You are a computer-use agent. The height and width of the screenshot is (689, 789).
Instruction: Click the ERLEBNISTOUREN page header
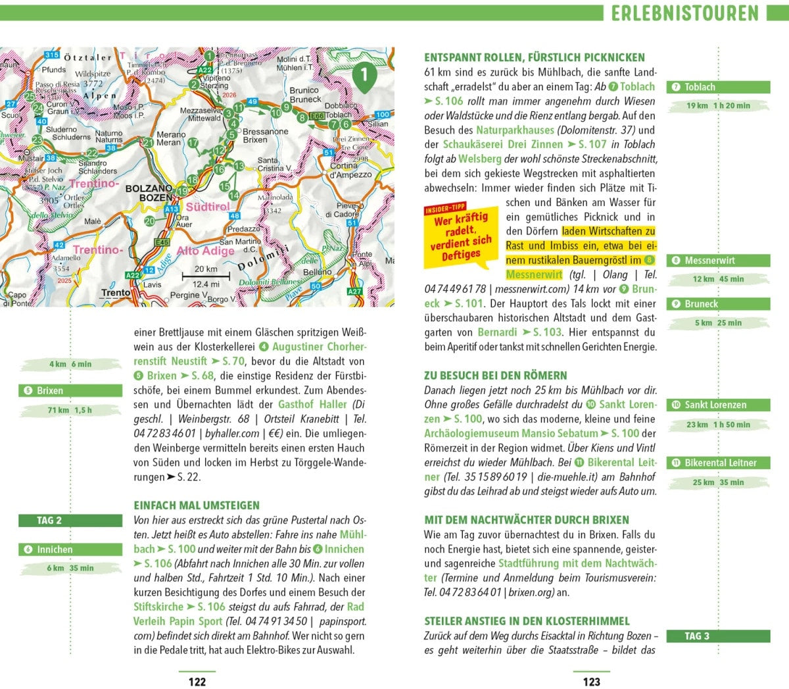tap(684, 13)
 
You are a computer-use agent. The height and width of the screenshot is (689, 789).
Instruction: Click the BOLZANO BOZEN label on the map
tap(149, 193)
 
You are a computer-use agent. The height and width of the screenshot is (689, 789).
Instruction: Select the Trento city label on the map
tap(116, 293)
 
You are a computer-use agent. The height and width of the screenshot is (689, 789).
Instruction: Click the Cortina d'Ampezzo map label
tap(352, 170)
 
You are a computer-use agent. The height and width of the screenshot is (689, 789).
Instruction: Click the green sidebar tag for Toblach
tap(719, 87)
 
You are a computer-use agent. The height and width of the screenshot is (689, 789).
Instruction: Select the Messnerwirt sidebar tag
tap(719, 261)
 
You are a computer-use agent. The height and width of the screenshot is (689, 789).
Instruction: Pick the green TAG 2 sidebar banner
tap(70, 521)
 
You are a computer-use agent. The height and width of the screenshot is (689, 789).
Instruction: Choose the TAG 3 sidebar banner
tap(719, 636)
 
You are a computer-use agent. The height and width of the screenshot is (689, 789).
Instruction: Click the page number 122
tap(197, 682)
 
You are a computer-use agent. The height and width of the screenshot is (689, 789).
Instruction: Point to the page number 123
tap(592, 682)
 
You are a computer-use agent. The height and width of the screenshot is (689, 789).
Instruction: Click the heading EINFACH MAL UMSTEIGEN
tap(197, 505)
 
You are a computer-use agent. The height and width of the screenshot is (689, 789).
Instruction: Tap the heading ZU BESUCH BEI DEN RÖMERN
tap(495, 376)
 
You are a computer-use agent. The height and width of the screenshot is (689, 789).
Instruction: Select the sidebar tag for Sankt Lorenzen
tap(719, 405)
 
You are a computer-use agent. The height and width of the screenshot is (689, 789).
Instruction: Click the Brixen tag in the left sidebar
tap(70, 391)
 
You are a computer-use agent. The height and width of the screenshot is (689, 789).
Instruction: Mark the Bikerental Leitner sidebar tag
tap(719, 463)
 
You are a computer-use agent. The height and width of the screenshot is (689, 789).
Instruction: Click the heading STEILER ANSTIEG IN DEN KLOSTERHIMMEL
tap(527, 621)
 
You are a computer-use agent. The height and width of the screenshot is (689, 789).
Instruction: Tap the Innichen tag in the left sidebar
tap(70, 549)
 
